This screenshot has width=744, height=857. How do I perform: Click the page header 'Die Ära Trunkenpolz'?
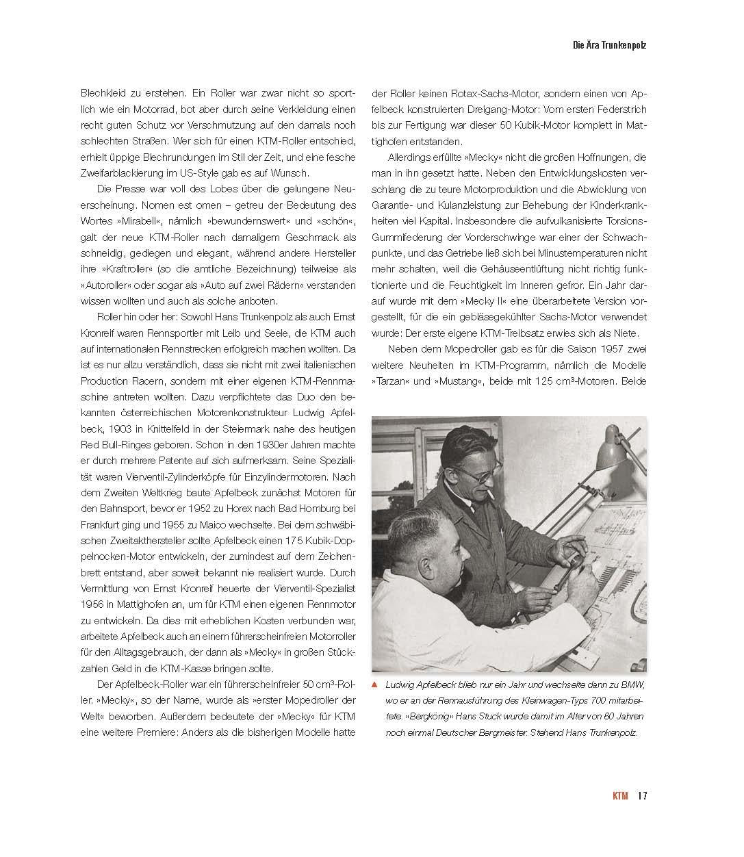click(609, 46)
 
